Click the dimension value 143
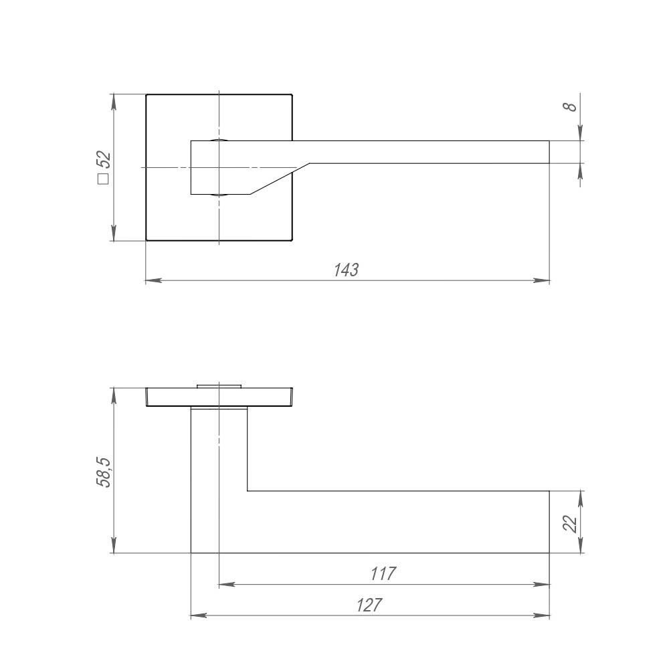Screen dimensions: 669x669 (x=346, y=270)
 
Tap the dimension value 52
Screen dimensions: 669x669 (x=104, y=161)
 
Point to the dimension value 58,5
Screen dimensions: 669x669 (x=104, y=472)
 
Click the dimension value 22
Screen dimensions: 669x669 (x=571, y=524)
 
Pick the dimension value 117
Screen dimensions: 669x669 (x=383, y=574)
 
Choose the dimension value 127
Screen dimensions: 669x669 (x=369, y=605)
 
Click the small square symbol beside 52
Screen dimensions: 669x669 (x=103, y=179)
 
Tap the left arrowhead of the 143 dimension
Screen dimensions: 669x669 (x=154, y=281)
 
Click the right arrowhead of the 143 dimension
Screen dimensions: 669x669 (x=542, y=281)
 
